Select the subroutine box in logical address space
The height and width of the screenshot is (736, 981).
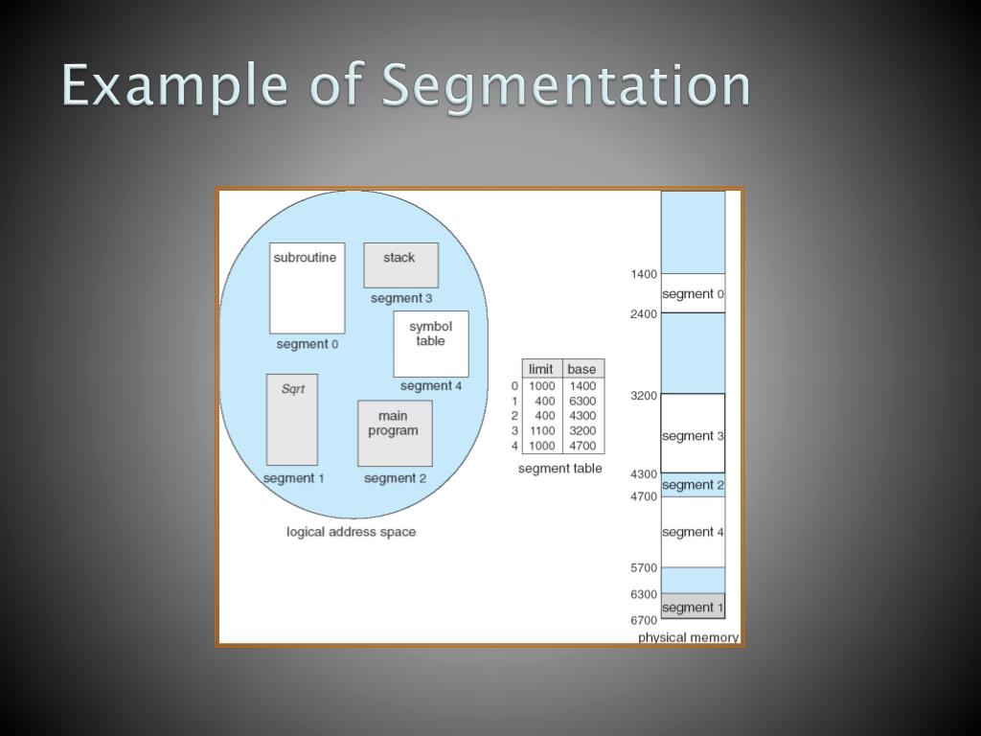307,287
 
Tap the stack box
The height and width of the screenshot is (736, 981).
400,265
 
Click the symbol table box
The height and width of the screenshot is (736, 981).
431,343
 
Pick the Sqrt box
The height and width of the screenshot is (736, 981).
292,420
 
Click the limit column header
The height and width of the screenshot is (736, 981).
541,369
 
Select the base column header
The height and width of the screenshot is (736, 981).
582,369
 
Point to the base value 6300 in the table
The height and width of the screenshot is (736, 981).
582,401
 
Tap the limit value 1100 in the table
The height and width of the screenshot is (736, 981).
542,430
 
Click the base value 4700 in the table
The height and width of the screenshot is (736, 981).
582,446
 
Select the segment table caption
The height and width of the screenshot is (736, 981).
560,469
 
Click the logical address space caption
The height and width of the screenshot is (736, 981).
351,532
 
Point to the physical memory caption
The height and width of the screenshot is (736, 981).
688,637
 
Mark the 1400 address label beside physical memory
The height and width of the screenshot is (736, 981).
644,274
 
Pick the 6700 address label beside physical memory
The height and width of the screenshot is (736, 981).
644,620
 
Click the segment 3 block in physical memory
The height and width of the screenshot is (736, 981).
693,435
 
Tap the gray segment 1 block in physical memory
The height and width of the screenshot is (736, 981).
693,607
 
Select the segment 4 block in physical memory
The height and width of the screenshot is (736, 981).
693,532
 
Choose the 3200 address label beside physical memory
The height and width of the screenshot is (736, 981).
644,395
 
